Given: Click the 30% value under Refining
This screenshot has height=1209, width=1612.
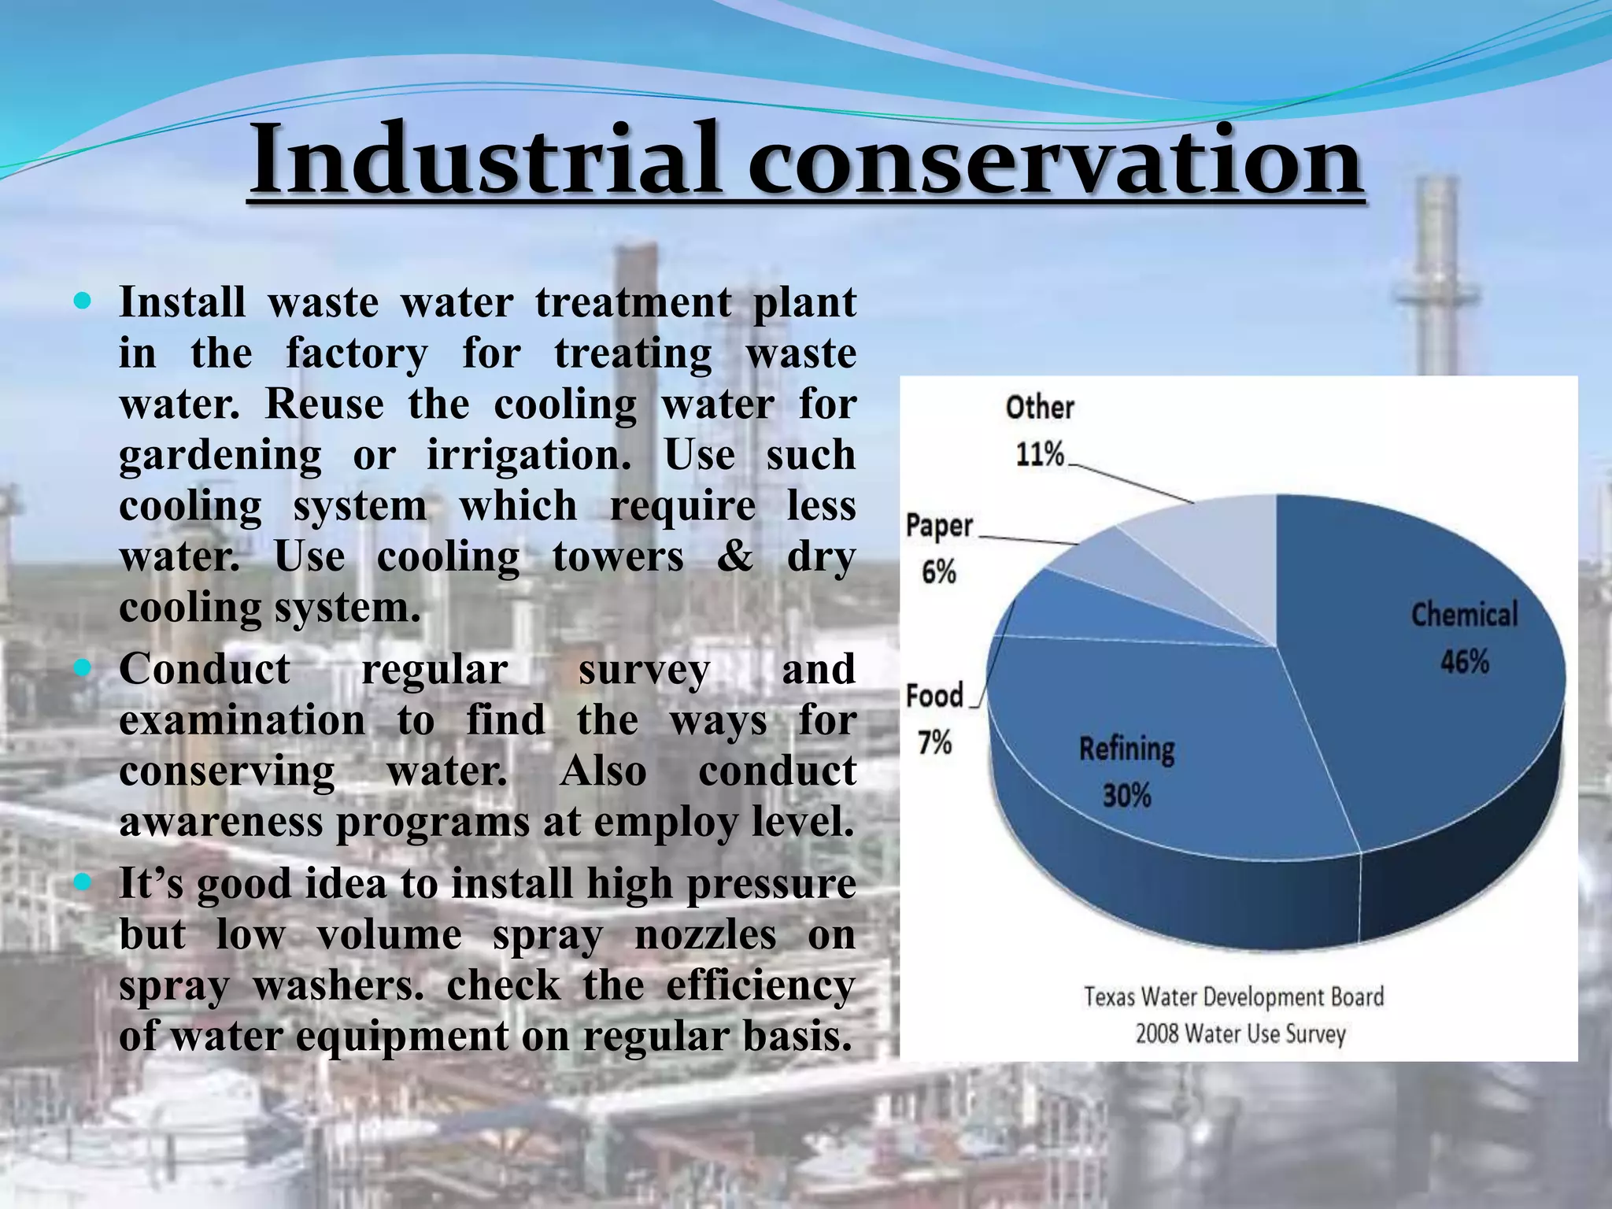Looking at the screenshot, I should click(1126, 795).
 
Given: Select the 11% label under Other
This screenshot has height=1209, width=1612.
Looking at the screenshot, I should click(1039, 454).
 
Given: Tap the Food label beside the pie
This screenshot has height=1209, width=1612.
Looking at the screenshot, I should click(934, 696).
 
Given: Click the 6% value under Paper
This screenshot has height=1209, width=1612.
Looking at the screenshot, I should click(938, 571).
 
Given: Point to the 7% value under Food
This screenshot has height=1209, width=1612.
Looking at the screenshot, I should click(934, 741).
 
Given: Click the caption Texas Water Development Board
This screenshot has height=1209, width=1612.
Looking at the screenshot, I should click(1233, 996).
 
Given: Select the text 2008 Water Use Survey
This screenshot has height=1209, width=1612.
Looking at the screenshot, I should click(1240, 1033).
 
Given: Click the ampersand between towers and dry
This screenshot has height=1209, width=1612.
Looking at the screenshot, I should click(734, 556).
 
